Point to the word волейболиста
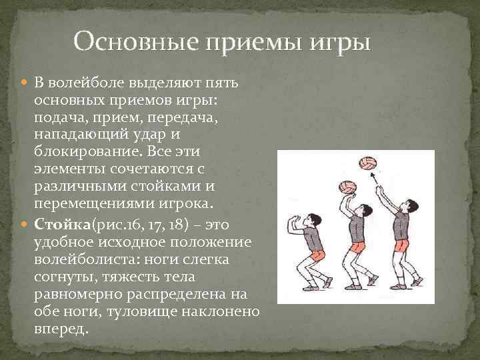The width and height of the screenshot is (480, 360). [78, 257]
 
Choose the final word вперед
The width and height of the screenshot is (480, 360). [59, 329]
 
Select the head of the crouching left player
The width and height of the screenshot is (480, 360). [310, 218]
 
